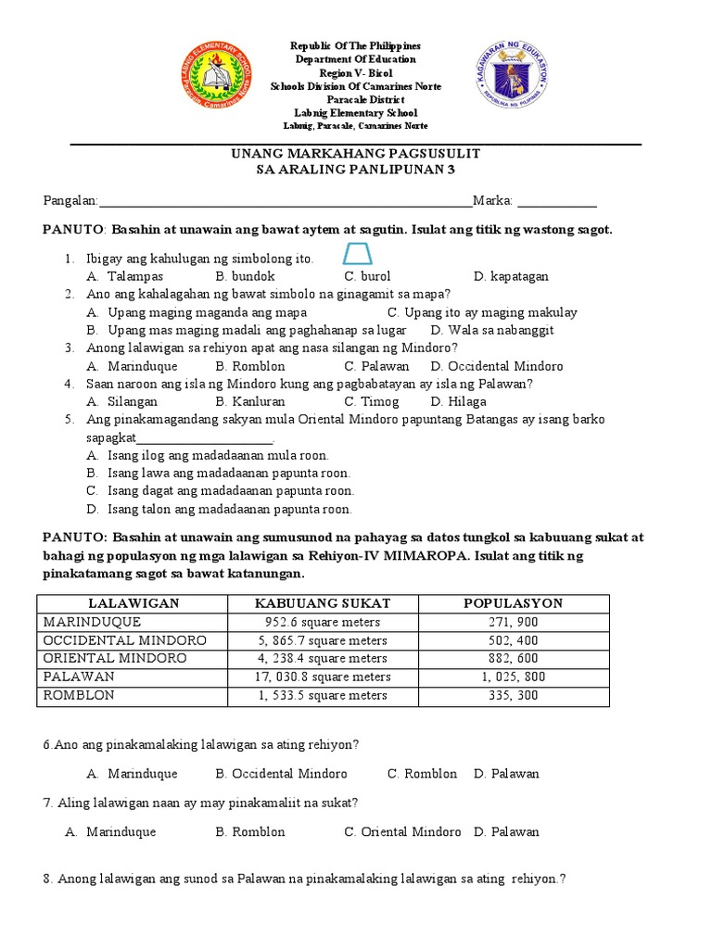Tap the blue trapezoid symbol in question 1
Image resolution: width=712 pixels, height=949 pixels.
[357, 254]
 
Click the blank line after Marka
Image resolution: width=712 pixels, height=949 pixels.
[556, 203]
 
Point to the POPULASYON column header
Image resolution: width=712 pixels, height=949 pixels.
[513, 603]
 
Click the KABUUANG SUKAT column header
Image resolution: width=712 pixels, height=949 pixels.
[322, 603]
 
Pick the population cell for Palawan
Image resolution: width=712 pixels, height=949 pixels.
[513, 677]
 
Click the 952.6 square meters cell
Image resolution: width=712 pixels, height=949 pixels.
[322, 622]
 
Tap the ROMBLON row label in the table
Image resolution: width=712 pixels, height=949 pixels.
[79, 695]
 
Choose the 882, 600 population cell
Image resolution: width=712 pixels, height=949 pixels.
[513, 658]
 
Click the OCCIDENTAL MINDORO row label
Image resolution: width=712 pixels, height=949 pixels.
[124, 640]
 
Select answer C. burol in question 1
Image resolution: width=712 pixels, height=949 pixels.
[367, 276]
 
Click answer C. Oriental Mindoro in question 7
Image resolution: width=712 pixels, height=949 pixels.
[402, 831]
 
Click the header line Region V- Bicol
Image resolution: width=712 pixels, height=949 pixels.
[356, 72]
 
